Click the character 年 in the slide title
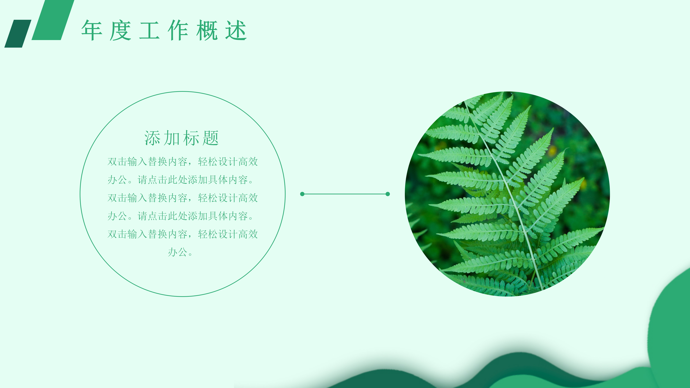pyautogui.click(x=92, y=30)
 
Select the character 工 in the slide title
pyautogui.click(x=149, y=30)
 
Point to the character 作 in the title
pyautogui.click(x=178, y=30)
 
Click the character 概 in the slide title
pyautogui.click(x=207, y=30)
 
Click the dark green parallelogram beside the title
pyautogui.click(x=18, y=33)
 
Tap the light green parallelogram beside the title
pyautogui.click(x=53, y=20)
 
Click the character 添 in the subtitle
pyautogui.click(x=152, y=138)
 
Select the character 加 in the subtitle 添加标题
pyautogui.click(x=172, y=138)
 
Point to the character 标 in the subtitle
pyautogui.click(x=191, y=138)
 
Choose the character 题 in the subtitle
pyautogui.click(x=211, y=138)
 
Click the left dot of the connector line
pyautogui.click(x=302, y=194)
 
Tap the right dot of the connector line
pyautogui.click(x=388, y=194)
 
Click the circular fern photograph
pyautogui.click(x=507, y=194)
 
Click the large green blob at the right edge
pyautogui.click(x=672, y=321)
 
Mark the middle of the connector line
pyautogui.click(x=345, y=194)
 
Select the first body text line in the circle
pyautogui.click(x=183, y=162)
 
